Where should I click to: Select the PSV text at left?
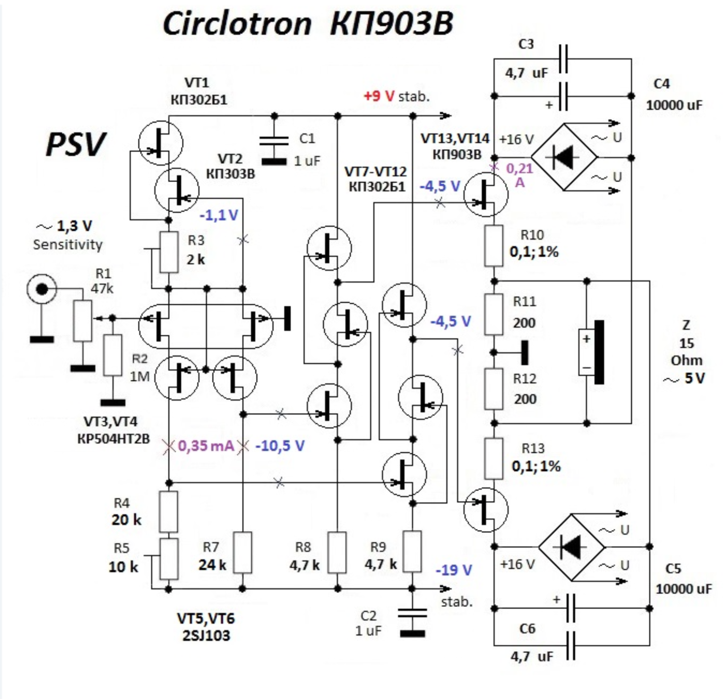click(76, 144)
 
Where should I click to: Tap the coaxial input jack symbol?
click(41, 289)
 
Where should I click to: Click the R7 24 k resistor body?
click(242, 553)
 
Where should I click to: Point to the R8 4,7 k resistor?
click(338, 553)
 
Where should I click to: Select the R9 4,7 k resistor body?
click(412, 552)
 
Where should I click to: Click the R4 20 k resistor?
click(168, 512)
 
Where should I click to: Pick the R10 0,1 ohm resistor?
click(494, 246)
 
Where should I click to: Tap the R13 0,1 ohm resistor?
click(494, 459)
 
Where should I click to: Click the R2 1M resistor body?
click(113, 355)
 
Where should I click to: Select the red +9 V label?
click(379, 96)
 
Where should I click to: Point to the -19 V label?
click(454, 570)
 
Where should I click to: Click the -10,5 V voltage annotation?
click(280, 446)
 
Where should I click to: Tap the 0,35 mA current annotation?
click(206, 446)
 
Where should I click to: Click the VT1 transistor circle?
click(161, 143)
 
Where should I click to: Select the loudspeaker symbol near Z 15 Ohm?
click(592, 352)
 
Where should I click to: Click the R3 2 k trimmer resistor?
click(168, 252)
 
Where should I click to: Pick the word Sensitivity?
click(68, 245)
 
